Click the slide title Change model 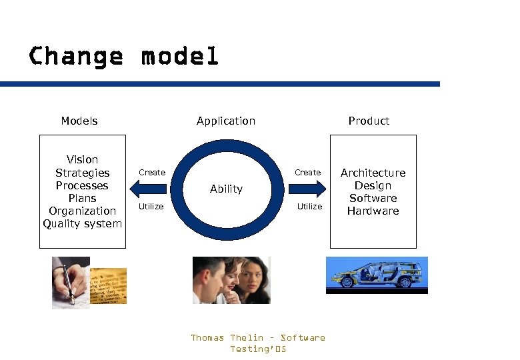pyautogui.click(x=123, y=56)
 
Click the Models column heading pyautogui.click(x=79, y=121)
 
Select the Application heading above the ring pyautogui.click(x=226, y=121)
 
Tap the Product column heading pyautogui.click(x=369, y=121)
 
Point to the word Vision pyautogui.click(x=82, y=159)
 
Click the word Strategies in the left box pyautogui.click(x=82, y=173)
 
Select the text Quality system pyautogui.click(x=82, y=223)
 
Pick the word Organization pyautogui.click(x=82, y=211)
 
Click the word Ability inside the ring pyautogui.click(x=226, y=189)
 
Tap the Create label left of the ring pyautogui.click(x=151, y=173)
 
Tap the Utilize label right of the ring pyautogui.click(x=309, y=207)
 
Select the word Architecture pyautogui.click(x=373, y=173)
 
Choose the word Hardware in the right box pyautogui.click(x=373, y=211)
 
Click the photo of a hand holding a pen pyautogui.click(x=69, y=282)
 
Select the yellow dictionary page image pyautogui.click(x=109, y=286)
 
